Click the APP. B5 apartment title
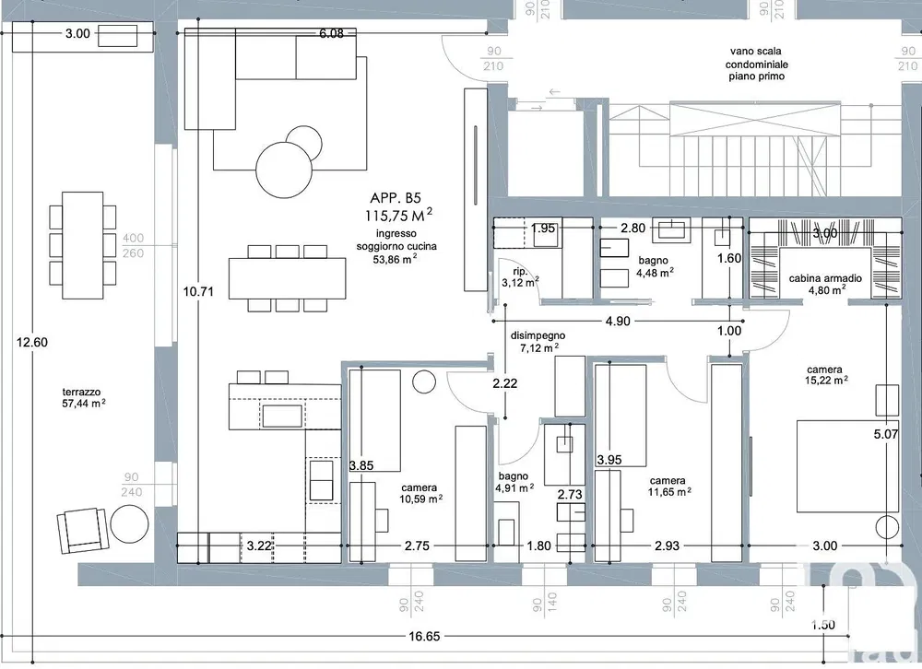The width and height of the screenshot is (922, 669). coord(396,197)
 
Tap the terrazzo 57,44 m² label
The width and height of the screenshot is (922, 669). coord(84,397)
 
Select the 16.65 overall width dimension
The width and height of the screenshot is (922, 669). coord(424,636)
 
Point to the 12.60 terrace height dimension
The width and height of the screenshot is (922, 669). coord(32,342)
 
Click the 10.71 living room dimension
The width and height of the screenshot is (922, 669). coord(198,291)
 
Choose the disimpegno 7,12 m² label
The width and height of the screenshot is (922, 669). coord(538,342)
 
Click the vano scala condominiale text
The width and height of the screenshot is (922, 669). coord(756,64)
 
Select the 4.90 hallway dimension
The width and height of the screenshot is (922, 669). coord(618,321)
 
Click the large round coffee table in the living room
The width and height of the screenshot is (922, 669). coord(284,171)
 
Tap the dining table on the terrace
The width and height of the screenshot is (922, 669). coord(82,245)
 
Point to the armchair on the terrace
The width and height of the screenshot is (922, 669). coord(83,530)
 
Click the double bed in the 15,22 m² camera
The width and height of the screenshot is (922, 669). coord(847,465)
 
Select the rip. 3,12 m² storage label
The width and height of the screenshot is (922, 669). coord(520,277)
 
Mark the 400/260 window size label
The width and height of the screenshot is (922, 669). coord(133,246)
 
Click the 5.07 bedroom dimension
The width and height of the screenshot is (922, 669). coord(886,434)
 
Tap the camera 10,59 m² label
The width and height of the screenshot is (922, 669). coord(421,493)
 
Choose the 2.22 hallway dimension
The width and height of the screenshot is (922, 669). coord(504,383)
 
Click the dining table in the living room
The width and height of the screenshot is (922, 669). coord(287,278)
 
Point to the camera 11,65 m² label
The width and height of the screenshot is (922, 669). coord(669,487)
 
